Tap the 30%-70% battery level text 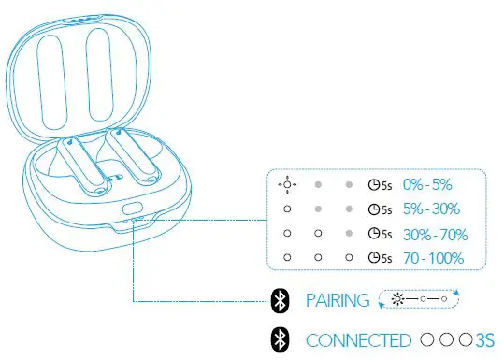(434, 234)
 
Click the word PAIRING (338, 300)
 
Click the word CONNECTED (358, 339)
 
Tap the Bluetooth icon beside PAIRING (279, 300)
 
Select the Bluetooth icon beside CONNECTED (279, 339)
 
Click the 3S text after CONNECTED (483, 339)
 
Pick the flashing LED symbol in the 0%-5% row (286, 184)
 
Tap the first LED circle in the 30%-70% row (286, 234)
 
